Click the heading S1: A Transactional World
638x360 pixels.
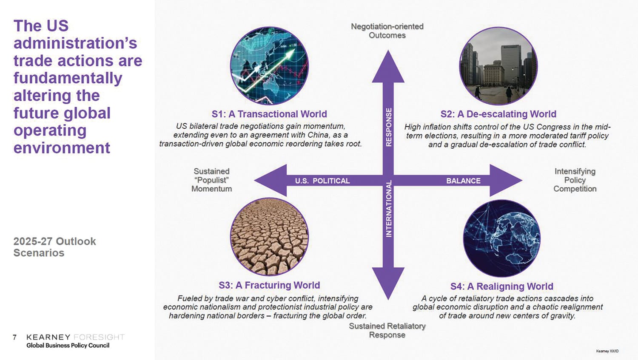269,114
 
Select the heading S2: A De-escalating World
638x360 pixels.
498,114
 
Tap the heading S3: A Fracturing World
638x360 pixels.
269,285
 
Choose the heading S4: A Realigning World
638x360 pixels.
501,286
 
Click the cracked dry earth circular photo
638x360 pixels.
269,236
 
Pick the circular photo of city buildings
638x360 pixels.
498,66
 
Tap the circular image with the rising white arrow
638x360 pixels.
269,66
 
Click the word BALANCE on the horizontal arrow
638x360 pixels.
463,181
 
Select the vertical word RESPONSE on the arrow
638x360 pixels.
388,127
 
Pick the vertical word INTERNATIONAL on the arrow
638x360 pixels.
388,208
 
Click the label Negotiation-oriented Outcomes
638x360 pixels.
387,31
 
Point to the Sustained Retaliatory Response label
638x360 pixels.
387,330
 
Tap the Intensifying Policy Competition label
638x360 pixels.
575,180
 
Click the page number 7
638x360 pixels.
15,337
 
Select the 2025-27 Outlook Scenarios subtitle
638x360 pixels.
54,247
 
